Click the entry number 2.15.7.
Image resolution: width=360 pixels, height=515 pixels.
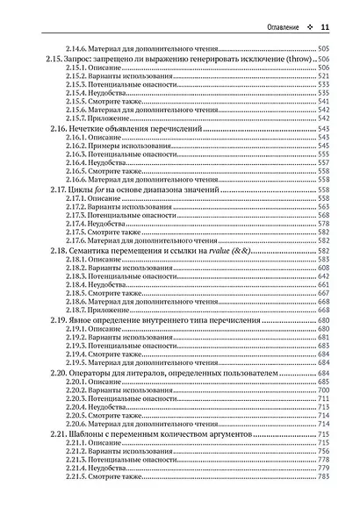pyautogui.click(x=78, y=118)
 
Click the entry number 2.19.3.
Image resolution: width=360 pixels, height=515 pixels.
pyautogui.click(x=78, y=343)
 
